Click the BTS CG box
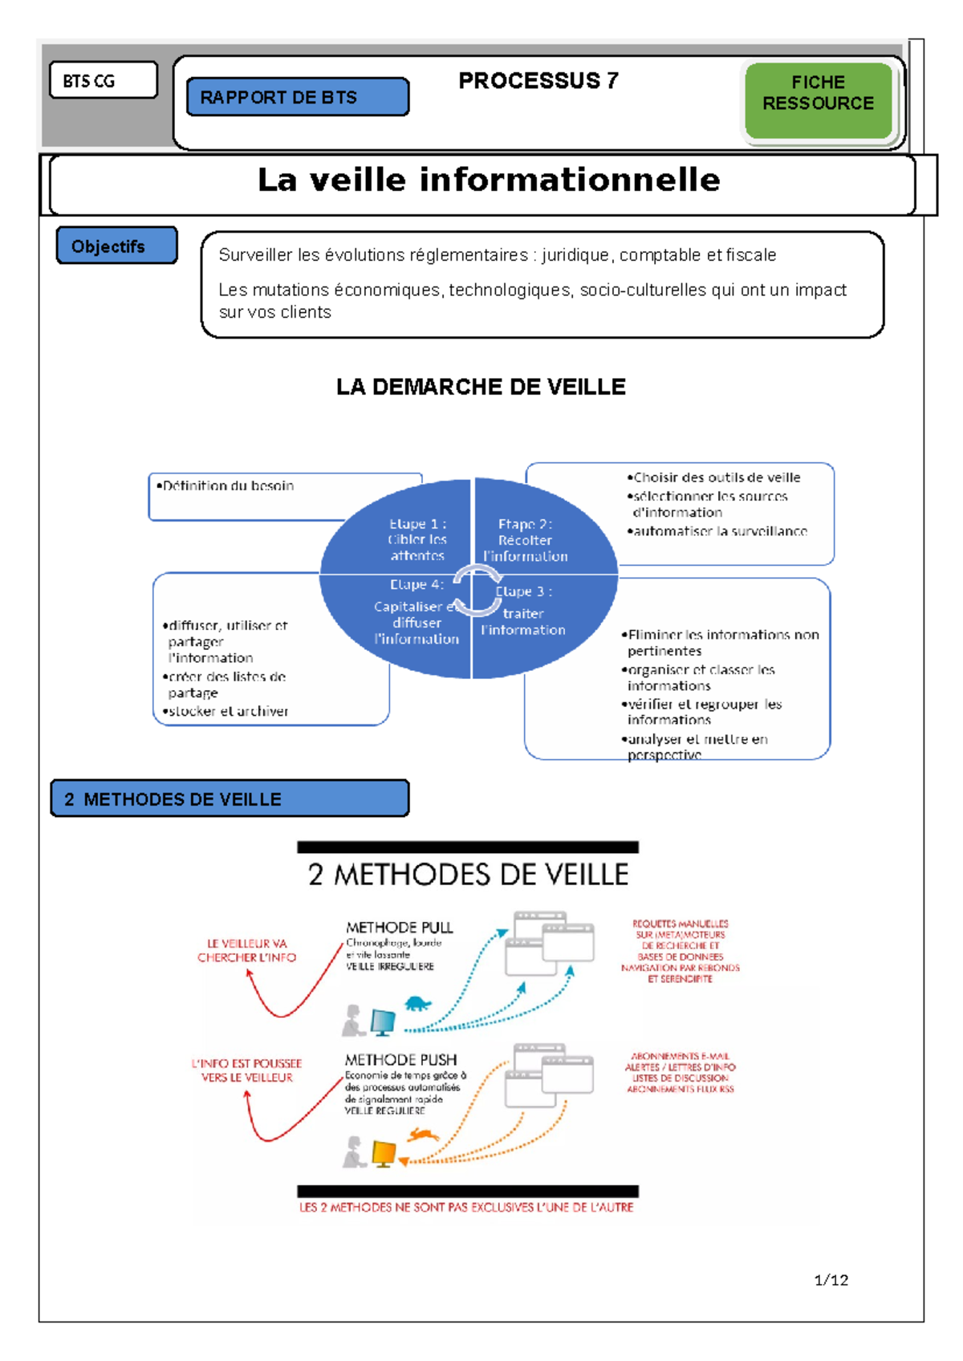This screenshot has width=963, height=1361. tap(103, 81)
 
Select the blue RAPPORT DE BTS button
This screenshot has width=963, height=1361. tap(297, 97)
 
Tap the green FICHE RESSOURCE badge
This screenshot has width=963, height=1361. tap(818, 93)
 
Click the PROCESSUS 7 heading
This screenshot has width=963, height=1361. tap(538, 81)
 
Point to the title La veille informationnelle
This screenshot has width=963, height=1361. tap(488, 181)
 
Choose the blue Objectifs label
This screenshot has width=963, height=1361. tap(116, 246)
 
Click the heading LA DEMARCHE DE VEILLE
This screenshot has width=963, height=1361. tap(481, 387)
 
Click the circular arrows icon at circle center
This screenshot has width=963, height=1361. tap(476, 590)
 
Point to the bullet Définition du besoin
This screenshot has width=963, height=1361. tap(226, 485)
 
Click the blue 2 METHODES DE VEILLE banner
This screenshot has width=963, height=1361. tap(230, 798)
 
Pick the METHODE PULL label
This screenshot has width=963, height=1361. tap(400, 928)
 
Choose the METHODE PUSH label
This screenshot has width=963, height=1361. tap(400, 1060)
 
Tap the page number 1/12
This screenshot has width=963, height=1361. tap(831, 1280)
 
